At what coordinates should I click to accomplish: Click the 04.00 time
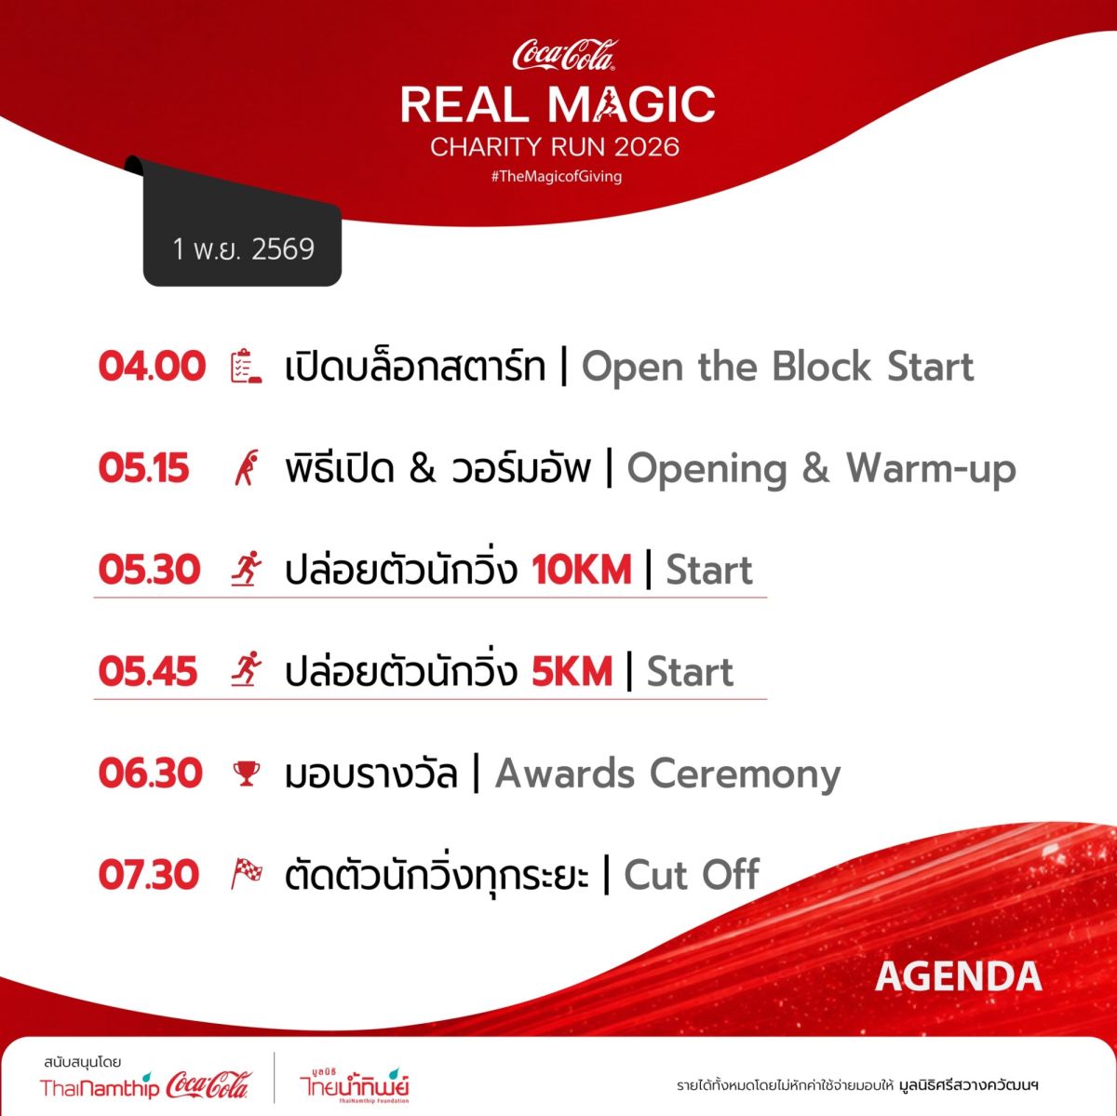[152, 367]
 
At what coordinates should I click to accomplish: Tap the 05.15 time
[143, 468]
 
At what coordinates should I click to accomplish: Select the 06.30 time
[151, 773]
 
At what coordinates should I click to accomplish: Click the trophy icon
[247, 773]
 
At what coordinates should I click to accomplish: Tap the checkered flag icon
[247, 874]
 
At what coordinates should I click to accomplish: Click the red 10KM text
[582, 570]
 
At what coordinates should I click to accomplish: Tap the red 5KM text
[572, 672]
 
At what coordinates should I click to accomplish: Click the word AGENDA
[959, 976]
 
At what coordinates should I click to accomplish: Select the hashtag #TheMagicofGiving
[557, 176]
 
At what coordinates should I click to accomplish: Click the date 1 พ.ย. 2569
[244, 249]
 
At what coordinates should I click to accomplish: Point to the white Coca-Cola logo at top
[565, 55]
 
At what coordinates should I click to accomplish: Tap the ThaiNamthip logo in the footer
[99, 1088]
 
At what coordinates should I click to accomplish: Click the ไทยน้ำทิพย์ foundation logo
[354, 1085]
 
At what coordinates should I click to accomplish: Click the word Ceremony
[745, 774]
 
